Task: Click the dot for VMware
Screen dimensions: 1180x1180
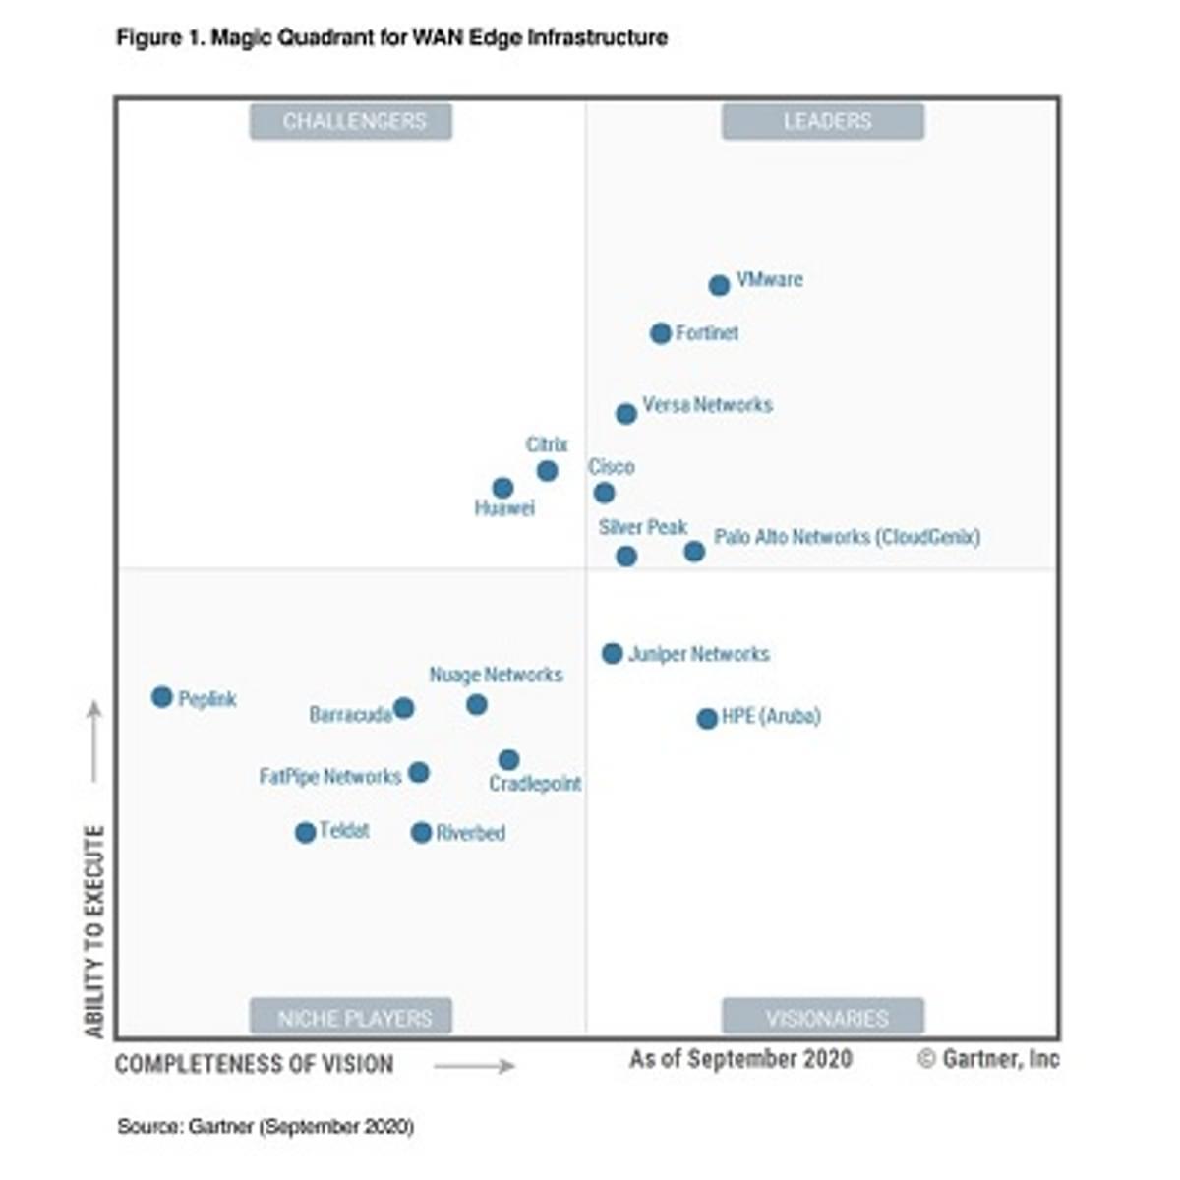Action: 719,285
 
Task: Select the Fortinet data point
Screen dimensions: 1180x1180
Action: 661,334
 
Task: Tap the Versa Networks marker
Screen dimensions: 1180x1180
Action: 626,414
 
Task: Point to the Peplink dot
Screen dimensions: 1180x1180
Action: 162,697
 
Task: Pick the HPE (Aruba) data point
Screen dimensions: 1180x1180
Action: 707,719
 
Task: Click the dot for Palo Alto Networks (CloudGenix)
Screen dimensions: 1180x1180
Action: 694,552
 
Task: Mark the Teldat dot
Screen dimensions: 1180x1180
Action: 306,833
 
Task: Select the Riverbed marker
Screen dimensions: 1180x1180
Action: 421,833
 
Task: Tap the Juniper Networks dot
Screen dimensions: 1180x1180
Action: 613,653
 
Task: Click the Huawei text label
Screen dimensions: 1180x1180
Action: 504,508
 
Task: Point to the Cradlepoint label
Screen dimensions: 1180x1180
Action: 535,784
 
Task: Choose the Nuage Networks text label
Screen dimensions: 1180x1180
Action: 496,675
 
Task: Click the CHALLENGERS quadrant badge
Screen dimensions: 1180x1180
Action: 351,121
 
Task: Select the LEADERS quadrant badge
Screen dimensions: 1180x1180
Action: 823,121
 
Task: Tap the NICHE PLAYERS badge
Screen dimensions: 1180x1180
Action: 351,1018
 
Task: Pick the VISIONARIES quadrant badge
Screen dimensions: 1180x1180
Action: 823,1018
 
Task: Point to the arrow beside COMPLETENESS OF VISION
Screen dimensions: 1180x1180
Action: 474,1066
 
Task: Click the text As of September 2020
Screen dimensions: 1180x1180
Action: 740,1059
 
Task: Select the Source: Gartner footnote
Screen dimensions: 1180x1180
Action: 265,1126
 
